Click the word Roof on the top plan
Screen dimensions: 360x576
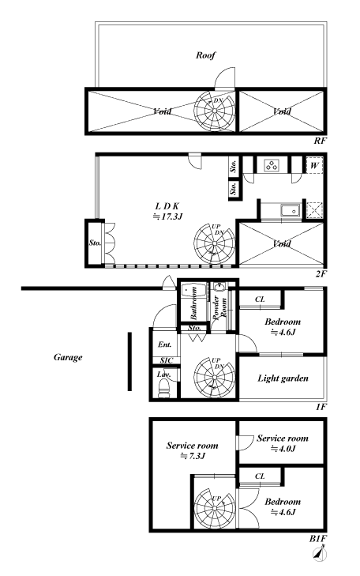(205, 55)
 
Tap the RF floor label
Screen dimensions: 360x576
(319, 141)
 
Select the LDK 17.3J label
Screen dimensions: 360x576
(167, 211)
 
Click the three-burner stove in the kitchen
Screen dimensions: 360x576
(272, 165)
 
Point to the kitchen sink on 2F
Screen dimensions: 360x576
(291, 210)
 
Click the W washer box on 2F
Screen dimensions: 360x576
(314, 165)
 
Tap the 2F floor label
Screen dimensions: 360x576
(321, 273)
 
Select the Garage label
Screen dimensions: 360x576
(68, 357)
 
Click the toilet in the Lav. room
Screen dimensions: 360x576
(163, 388)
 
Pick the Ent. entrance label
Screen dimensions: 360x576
(165, 344)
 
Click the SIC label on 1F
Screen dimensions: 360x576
(167, 361)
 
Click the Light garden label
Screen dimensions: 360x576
(283, 378)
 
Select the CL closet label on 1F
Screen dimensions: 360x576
(260, 299)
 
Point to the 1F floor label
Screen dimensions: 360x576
(321, 407)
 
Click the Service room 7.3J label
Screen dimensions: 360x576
(193, 450)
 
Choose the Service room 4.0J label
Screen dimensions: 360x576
(283, 443)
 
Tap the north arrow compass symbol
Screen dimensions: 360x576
(320, 554)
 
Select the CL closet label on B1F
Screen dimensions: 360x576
(260, 476)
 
